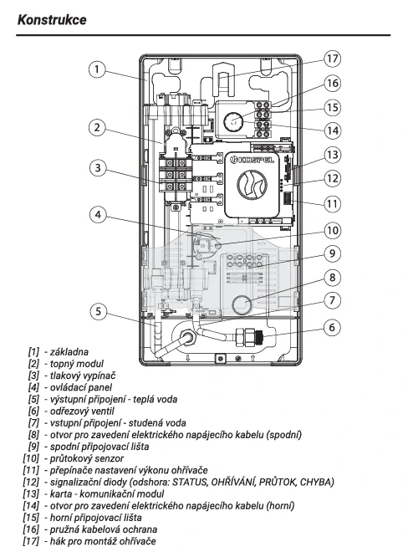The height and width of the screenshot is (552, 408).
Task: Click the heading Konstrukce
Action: [52, 20]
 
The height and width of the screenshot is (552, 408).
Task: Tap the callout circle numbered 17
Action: [332, 59]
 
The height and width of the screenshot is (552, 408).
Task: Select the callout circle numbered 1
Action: [97, 69]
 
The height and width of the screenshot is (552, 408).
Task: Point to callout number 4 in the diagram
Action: [98, 214]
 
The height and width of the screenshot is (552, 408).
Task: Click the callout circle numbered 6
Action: [332, 327]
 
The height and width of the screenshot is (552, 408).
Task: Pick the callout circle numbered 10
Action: [332, 231]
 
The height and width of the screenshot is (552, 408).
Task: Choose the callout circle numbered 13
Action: [332, 155]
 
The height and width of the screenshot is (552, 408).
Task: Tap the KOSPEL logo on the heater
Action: [252, 161]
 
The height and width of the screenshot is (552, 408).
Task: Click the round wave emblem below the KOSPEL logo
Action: [252, 184]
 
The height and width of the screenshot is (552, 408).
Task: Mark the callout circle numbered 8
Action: [332, 278]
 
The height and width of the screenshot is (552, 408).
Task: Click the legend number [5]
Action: [33, 399]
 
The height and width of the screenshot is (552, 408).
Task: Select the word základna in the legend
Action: [69, 351]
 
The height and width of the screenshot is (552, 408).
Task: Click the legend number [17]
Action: [31, 541]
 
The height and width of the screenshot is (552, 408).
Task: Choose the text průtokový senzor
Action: [87, 458]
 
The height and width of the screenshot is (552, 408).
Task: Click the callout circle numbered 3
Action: [98, 168]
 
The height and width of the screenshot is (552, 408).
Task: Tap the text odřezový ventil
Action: [82, 411]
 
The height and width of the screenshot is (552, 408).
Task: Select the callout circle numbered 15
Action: [332, 107]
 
